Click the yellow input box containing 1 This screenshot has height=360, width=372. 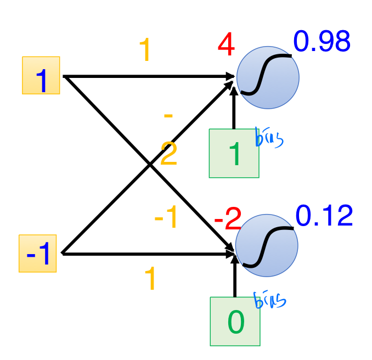click(41, 75)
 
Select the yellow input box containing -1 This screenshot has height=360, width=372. click(38, 253)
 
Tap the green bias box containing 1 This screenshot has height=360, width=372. click(234, 154)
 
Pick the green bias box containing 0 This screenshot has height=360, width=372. click(235, 322)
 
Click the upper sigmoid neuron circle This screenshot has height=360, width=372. click(267, 76)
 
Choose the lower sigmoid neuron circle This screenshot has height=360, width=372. click(267, 245)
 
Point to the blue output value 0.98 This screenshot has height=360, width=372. click(322, 42)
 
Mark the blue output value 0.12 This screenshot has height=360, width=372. click(324, 216)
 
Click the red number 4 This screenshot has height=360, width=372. click(226, 46)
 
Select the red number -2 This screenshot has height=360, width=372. click(227, 221)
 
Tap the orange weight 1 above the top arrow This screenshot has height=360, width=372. click(145, 51)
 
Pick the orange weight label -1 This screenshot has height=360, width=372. click(166, 219)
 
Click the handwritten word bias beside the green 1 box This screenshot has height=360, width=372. click(269, 138)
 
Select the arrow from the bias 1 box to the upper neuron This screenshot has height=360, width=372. click(234, 110)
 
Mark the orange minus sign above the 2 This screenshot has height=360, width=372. click(168, 116)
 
